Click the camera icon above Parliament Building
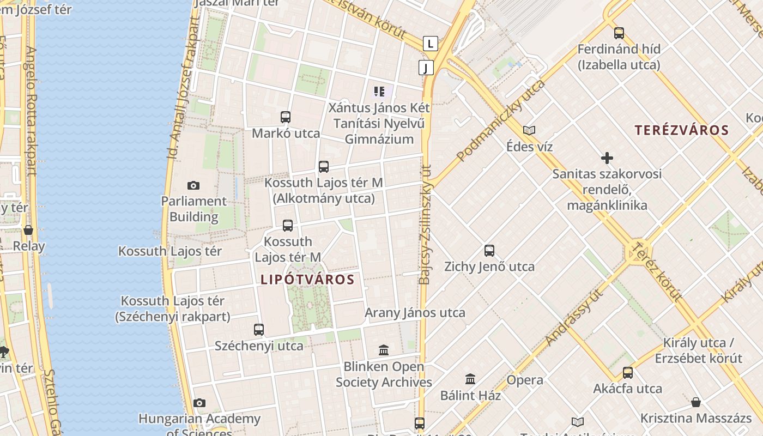coord(193,185)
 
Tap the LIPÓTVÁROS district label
coord(307,280)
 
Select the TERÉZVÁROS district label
coord(681,130)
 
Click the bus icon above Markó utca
coord(286,117)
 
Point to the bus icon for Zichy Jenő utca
coord(489,251)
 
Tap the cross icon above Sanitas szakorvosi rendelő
coord(607,158)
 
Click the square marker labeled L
coord(431,44)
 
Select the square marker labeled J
coord(426,68)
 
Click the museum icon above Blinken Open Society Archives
coord(384,350)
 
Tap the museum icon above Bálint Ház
coord(470,379)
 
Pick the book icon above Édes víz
coord(529,130)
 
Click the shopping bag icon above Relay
coord(28,230)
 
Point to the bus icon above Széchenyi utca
coord(259,329)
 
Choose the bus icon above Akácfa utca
coord(628,373)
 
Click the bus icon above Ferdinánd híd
coord(619,33)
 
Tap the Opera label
coord(524,380)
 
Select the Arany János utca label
coord(415,313)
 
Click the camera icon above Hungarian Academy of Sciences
coord(199,403)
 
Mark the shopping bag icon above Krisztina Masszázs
coord(695,402)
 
